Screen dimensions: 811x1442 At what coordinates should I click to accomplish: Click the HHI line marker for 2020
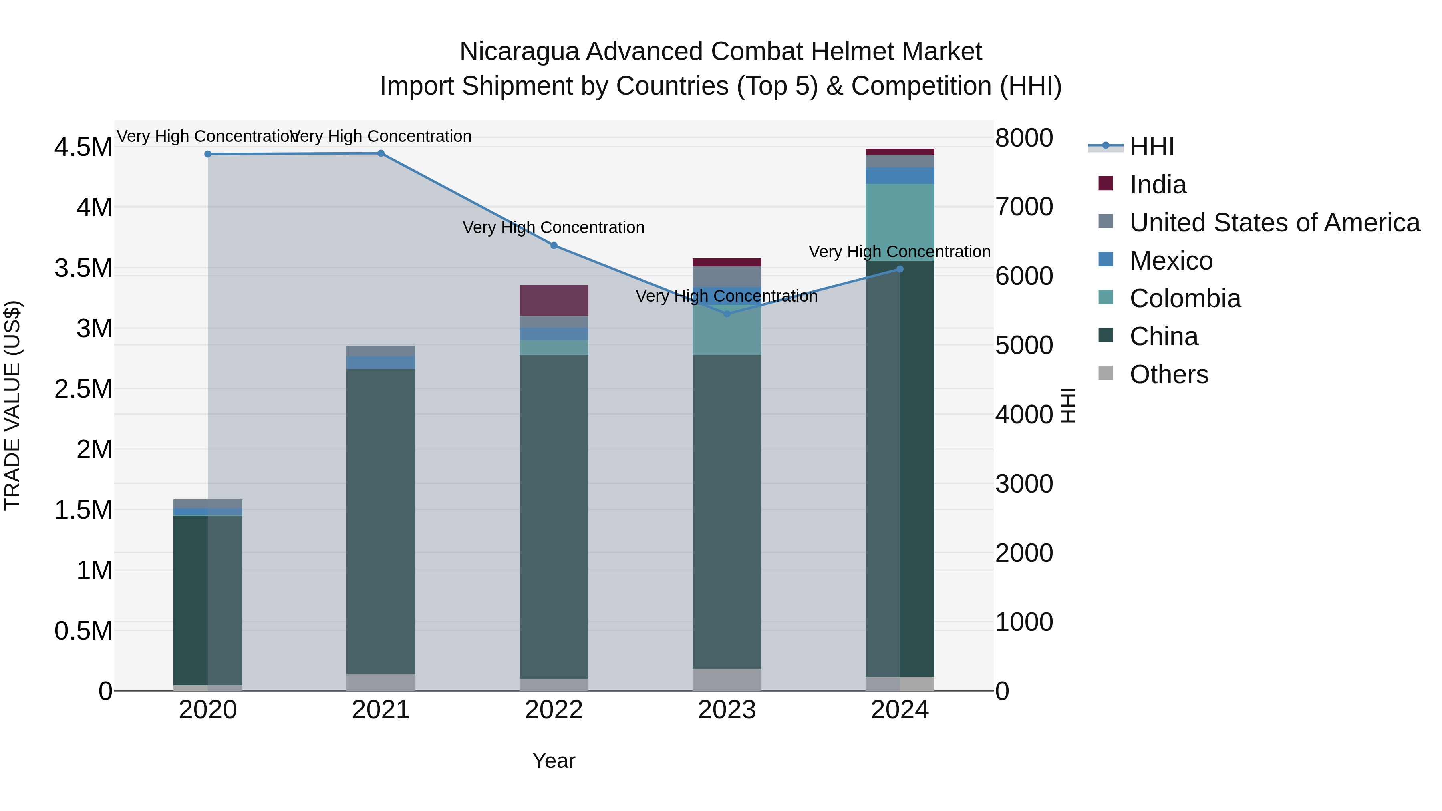207,154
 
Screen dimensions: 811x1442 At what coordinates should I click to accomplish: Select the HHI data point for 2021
381,153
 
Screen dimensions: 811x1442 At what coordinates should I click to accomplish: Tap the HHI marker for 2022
554,245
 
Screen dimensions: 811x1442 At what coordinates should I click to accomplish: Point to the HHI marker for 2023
727,314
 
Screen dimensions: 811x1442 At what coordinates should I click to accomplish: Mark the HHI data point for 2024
900,269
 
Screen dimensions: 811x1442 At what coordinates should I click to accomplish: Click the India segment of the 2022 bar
554,300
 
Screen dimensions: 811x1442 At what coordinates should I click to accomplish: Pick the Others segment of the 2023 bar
727,680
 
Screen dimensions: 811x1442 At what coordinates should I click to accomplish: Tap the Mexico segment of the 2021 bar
381,362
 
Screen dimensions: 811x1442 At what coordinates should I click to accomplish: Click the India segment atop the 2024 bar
900,152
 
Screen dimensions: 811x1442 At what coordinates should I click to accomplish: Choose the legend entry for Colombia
1184,298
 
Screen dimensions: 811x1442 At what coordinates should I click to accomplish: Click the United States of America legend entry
1274,223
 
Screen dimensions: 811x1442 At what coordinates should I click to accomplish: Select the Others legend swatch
1106,373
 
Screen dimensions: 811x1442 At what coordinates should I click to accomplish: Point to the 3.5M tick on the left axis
83,268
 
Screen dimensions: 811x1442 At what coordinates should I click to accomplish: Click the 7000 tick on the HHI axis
1024,207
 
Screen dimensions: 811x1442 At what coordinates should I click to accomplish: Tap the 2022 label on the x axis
554,710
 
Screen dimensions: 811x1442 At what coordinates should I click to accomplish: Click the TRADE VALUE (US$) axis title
12,405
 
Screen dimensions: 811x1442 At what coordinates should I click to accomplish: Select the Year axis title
554,761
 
